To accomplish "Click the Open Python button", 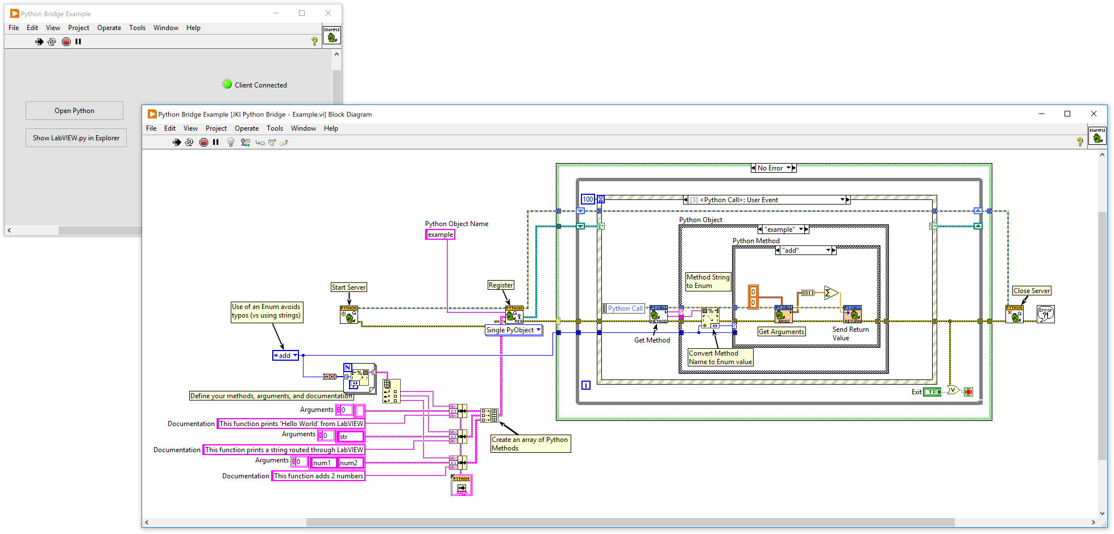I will click(74, 111).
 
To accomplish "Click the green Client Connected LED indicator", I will click(227, 85).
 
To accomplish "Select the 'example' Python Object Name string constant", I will click(440, 235).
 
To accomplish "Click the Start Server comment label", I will click(349, 287).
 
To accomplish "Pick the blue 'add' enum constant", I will click(285, 356).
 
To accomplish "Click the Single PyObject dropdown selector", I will click(513, 330).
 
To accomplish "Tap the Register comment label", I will click(501, 285).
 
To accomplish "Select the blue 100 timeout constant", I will click(588, 199).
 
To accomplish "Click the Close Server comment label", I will click(1032, 291).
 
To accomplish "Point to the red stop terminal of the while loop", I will click(968, 392).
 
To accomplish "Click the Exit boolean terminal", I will click(932, 392).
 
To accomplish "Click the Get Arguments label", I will click(782, 332).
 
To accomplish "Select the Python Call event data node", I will click(625, 308).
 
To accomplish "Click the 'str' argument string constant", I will click(350, 437).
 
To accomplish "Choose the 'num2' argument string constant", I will click(349, 463).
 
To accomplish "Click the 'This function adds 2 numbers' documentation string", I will click(318, 476).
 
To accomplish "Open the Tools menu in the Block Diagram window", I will click(275, 128).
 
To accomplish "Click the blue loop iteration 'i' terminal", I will click(586, 385).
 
